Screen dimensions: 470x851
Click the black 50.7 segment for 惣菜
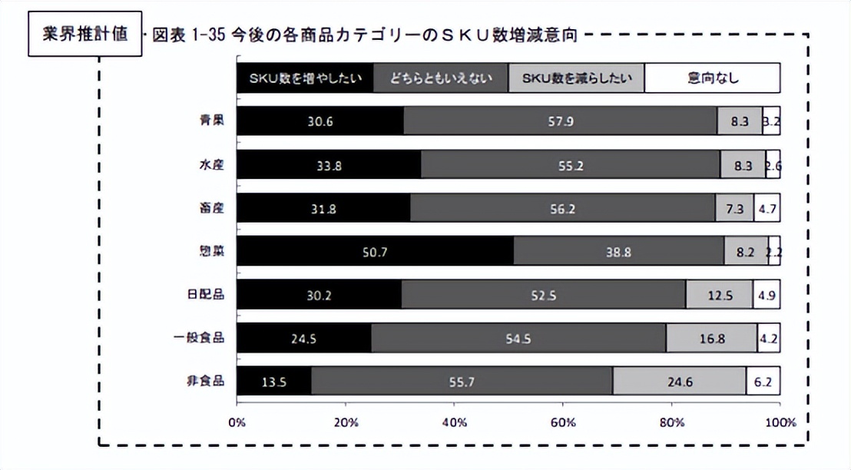[x=375, y=251]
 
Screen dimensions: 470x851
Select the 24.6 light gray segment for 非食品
[x=679, y=381]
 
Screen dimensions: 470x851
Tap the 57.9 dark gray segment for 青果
[x=560, y=121]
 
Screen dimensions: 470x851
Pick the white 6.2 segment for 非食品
[x=763, y=381]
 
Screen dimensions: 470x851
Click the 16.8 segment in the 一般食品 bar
[x=711, y=338]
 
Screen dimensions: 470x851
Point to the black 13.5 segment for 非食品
[x=273, y=381]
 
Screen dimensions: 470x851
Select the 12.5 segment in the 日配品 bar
[x=719, y=295]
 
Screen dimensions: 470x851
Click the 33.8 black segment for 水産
[x=329, y=164]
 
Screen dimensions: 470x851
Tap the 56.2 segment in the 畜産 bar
[x=563, y=208]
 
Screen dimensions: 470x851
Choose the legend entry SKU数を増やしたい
[x=305, y=78]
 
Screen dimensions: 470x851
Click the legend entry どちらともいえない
[x=441, y=78]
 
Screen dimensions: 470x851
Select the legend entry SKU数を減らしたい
[x=576, y=78]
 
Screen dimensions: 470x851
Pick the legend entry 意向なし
[x=712, y=78]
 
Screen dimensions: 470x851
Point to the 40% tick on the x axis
[x=454, y=422]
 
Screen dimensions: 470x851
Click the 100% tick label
[x=780, y=422]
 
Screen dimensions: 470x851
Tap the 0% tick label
[x=237, y=422]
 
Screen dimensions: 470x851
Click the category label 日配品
[x=207, y=295]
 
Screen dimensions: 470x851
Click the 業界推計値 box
[x=85, y=35]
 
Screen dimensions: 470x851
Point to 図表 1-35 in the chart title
[x=188, y=35]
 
